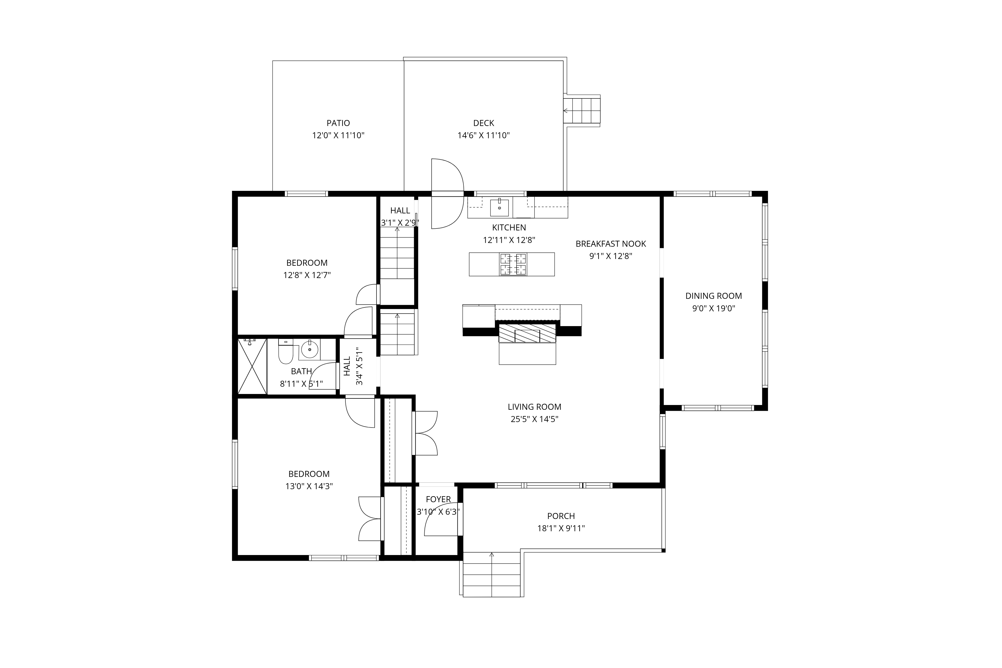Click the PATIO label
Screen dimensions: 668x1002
[x=338, y=123]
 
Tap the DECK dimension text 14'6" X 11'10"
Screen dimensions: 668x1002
[x=483, y=136]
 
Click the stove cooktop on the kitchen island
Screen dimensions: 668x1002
[x=513, y=264]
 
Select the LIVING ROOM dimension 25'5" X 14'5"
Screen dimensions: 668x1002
[x=534, y=419]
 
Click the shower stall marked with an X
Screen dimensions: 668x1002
[x=252, y=366]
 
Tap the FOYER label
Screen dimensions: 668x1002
[x=438, y=499]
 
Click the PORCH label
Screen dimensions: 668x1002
[x=561, y=516]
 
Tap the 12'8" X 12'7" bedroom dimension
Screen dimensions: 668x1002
[x=307, y=275]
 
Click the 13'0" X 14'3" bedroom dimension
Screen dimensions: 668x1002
[x=309, y=486]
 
